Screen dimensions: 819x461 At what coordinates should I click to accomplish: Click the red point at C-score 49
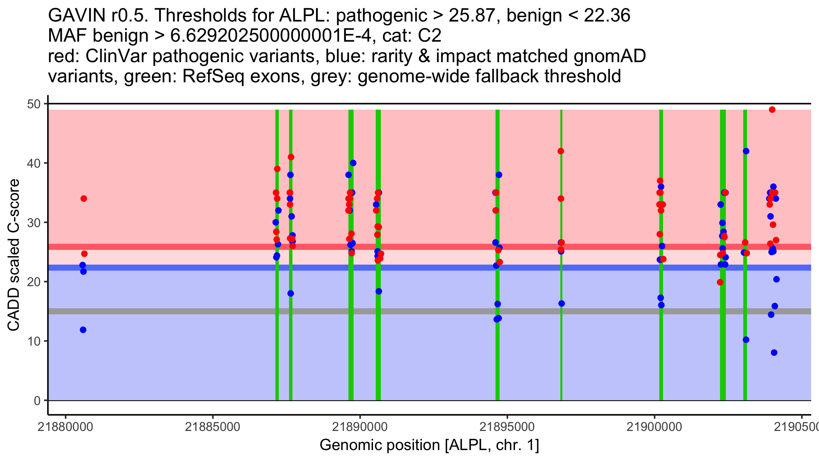click(x=772, y=110)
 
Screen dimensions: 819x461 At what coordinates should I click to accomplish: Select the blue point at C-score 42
click(x=746, y=151)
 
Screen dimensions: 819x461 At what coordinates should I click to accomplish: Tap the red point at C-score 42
click(x=561, y=151)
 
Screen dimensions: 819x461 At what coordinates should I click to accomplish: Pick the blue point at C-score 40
click(x=353, y=163)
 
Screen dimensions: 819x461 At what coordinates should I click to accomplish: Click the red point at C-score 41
click(x=291, y=157)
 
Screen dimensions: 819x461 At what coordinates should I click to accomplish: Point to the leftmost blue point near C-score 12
click(x=83, y=330)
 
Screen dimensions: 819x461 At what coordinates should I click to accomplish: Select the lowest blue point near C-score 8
click(x=774, y=353)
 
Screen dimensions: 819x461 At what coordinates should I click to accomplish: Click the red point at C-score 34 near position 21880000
click(x=84, y=199)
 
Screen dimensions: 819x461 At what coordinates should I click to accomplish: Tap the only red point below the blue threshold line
click(x=720, y=282)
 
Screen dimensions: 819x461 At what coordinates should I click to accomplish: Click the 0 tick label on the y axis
click(x=37, y=401)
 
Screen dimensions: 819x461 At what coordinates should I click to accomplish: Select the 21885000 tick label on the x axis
click(x=213, y=427)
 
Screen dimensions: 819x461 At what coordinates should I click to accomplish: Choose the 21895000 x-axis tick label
click(x=507, y=427)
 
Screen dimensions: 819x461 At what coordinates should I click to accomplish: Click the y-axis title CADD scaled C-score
click(x=14, y=255)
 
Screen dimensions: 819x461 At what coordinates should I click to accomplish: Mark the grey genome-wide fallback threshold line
click(x=430, y=311)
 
